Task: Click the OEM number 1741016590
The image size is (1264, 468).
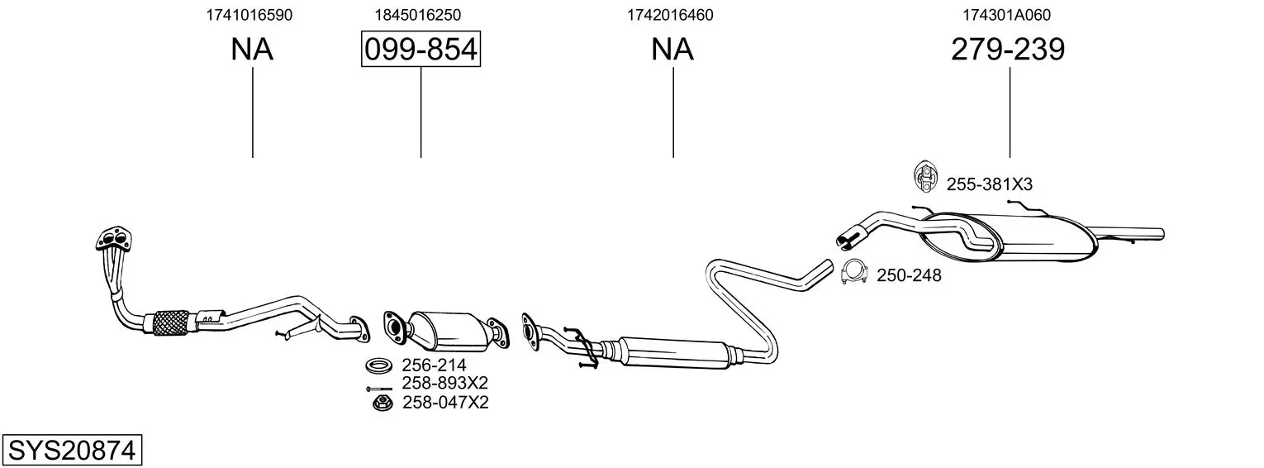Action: (x=249, y=15)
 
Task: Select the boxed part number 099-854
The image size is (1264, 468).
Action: (x=421, y=49)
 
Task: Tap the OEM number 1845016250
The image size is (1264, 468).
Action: (x=418, y=15)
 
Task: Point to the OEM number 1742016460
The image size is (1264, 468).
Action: (x=670, y=15)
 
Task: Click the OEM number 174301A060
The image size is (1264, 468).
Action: (x=1007, y=15)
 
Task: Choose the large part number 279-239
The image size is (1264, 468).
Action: (x=1008, y=49)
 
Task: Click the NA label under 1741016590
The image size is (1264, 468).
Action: (x=252, y=49)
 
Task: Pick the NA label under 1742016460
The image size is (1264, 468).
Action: (x=672, y=49)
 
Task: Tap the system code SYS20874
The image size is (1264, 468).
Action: (x=72, y=451)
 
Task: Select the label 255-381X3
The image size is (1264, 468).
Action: (x=989, y=184)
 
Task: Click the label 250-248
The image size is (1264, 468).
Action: (x=909, y=275)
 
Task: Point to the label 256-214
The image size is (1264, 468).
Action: (x=434, y=365)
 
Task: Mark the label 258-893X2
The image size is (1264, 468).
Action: (x=444, y=384)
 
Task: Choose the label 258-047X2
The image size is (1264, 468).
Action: (x=445, y=403)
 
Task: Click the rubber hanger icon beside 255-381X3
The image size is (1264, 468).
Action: (x=924, y=176)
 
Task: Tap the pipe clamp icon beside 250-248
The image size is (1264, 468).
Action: (x=853, y=271)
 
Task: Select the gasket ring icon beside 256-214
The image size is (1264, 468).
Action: (x=378, y=365)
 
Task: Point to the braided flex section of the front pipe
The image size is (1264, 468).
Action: (x=172, y=323)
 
